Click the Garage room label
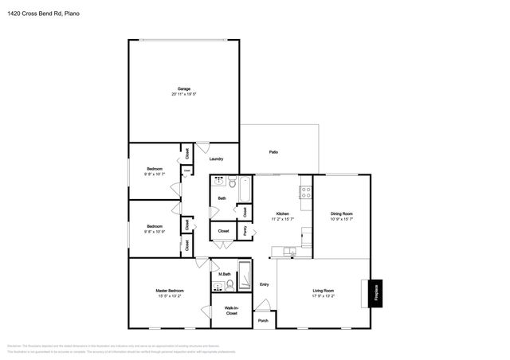pyautogui.click(x=183, y=88)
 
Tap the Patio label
pyautogui.click(x=273, y=152)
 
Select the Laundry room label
pyautogui.click(x=216, y=159)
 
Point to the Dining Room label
pyautogui.click(x=341, y=213)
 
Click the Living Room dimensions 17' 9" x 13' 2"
pyautogui.click(x=323, y=296)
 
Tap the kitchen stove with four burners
pyautogui.click(x=304, y=192)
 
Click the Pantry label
pyautogui.click(x=245, y=230)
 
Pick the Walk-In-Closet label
pyautogui.click(x=231, y=311)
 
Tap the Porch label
pyautogui.click(x=263, y=321)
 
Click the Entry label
pyautogui.click(x=264, y=284)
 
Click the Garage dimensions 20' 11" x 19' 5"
pyautogui.click(x=183, y=95)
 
